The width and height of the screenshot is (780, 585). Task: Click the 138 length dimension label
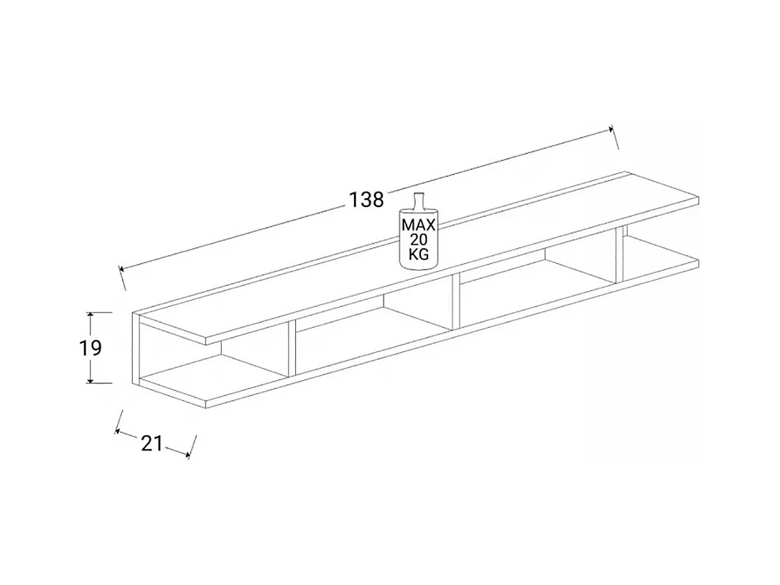367,199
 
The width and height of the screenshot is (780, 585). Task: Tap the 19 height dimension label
90,349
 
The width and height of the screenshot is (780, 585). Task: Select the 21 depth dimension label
152,443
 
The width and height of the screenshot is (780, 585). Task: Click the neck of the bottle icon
419,201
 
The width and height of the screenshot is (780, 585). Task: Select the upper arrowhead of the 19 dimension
90,316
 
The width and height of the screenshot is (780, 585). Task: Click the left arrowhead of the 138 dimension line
123,270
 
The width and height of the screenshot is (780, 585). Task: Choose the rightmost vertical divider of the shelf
619,256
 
